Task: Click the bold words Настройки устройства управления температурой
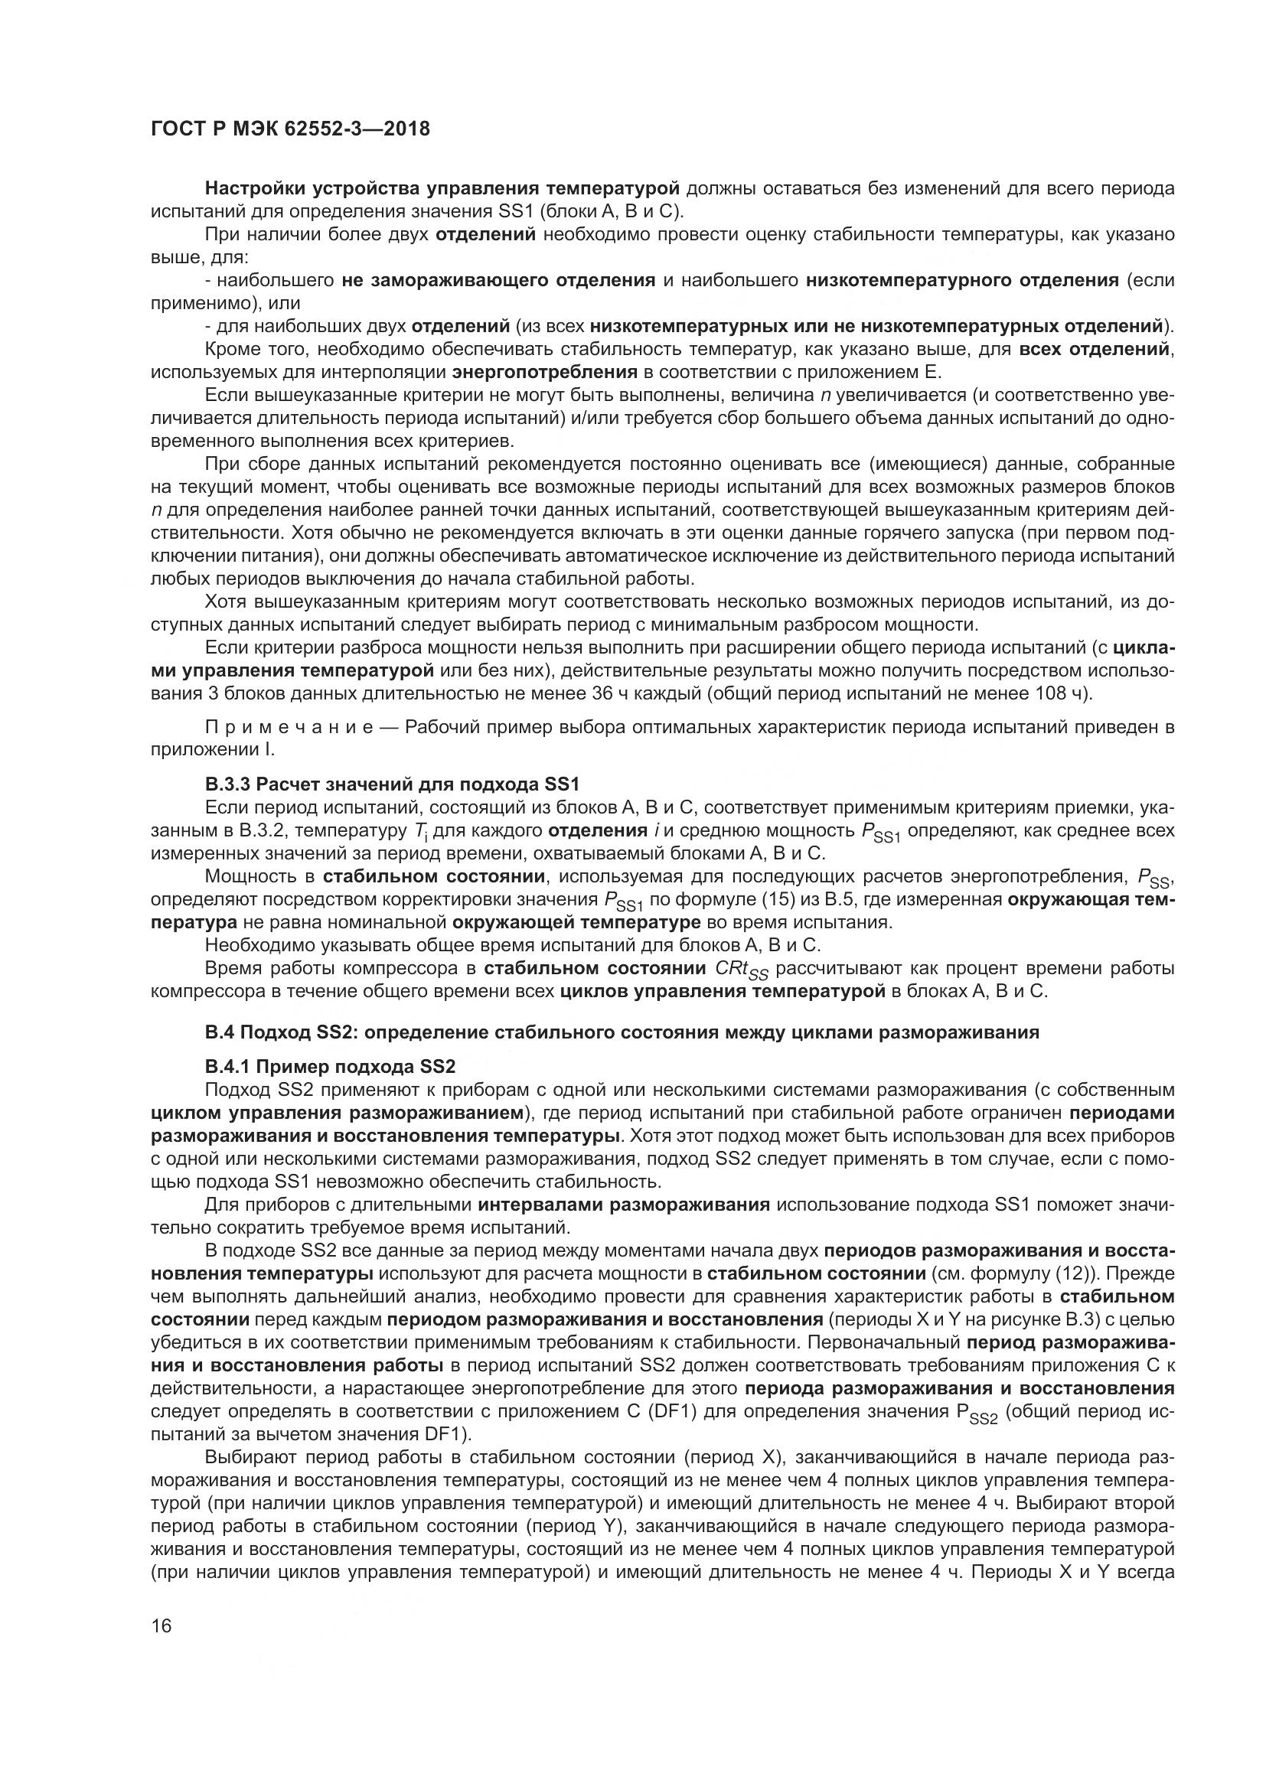pyautogui.click(x=442, y=189)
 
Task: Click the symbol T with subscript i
pyautogui.click(x=412, y=831)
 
